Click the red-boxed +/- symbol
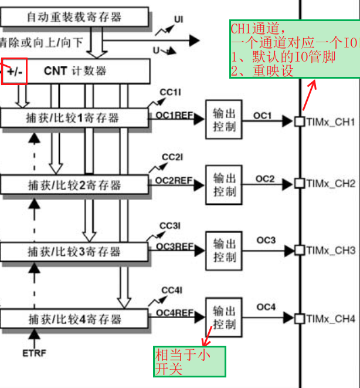pyautogui.click(x=15, y=71)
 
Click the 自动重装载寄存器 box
pyautogui.click(x=74, y=17)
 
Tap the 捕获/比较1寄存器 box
pyautogui.click(x=74, y=117)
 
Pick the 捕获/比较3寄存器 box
pyautogui.click(x=74, y=252)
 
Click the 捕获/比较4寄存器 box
pyautogui.click(x=74, y=319)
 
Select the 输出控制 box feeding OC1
pyautogui.click(x=223, y=119)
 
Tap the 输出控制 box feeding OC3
pyautogui.click(x=223, y=251)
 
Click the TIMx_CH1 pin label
pyautogui.click(x=331, y=122)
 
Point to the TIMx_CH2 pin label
pyautogui.click(x=331, y=184)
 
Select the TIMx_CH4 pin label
pyautogui.click(x=331, y=319)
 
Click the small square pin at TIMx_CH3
pyautogui.click(x=299, y=250)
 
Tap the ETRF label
pyautogui.click(x=35, y=353)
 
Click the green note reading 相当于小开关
pyautogui.click(x=189, y=361)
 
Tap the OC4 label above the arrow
pyautogui.click(x=266, y=307)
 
